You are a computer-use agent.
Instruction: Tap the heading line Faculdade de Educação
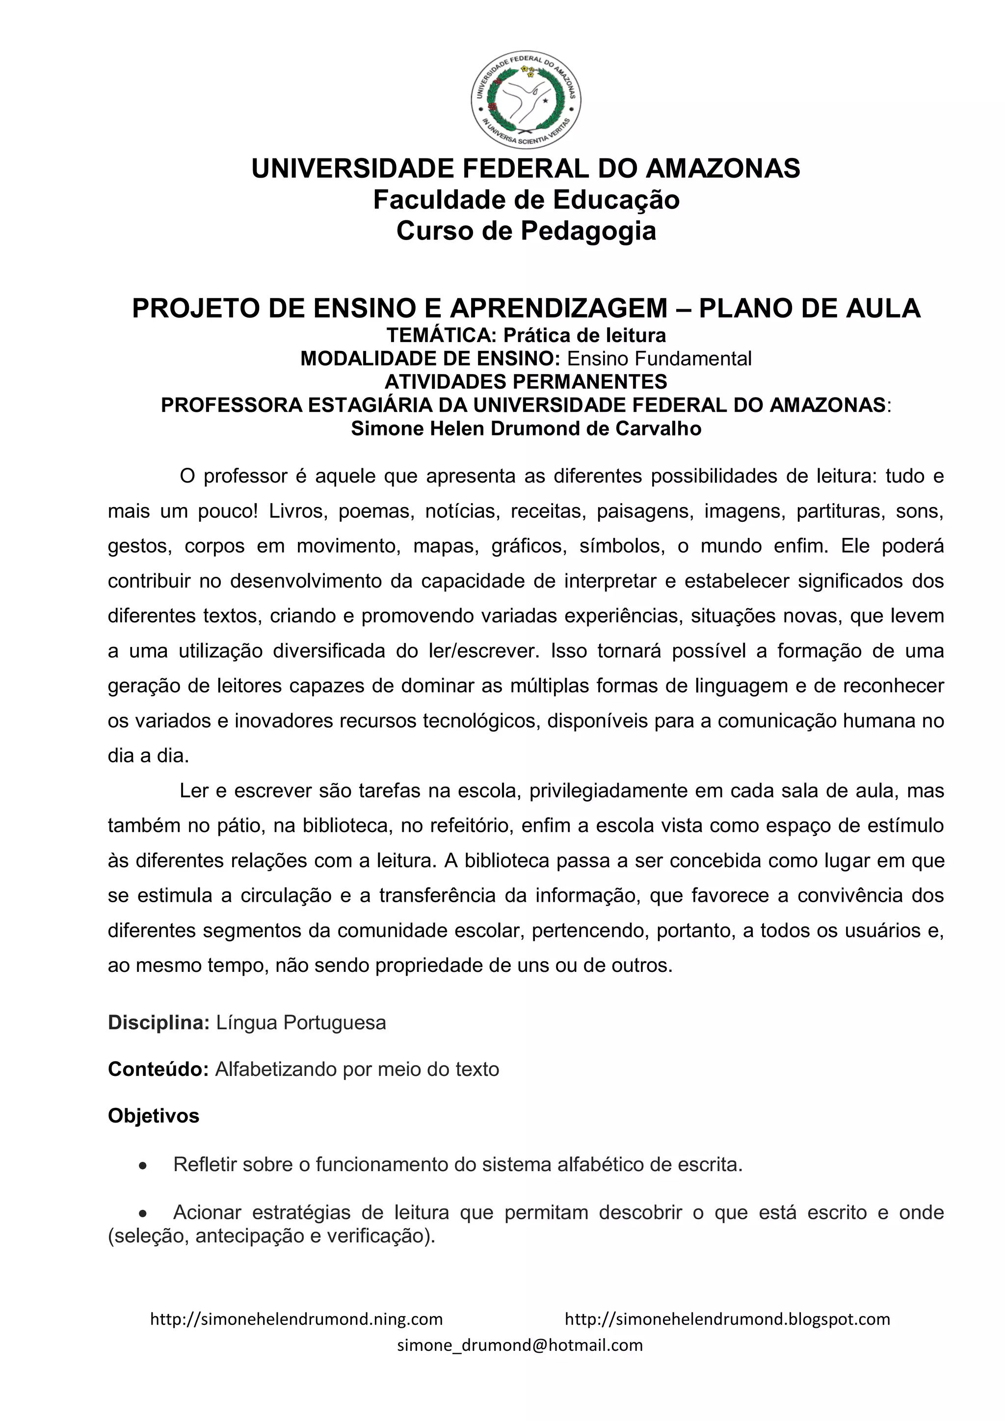(526, 200)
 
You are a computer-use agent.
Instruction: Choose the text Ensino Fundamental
(659, 358)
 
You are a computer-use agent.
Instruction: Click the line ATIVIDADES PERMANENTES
(526, 381)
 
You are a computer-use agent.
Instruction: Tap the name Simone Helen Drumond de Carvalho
(526, 429)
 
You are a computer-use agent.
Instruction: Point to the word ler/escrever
(481, 651)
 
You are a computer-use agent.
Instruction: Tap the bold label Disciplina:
(159, 1022)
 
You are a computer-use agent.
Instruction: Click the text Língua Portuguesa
(301, 1022)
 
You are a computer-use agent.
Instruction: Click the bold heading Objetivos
(154, 1116)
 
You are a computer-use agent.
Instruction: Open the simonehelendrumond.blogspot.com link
(727, 1319)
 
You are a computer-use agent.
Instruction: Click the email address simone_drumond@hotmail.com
(520, 1345)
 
